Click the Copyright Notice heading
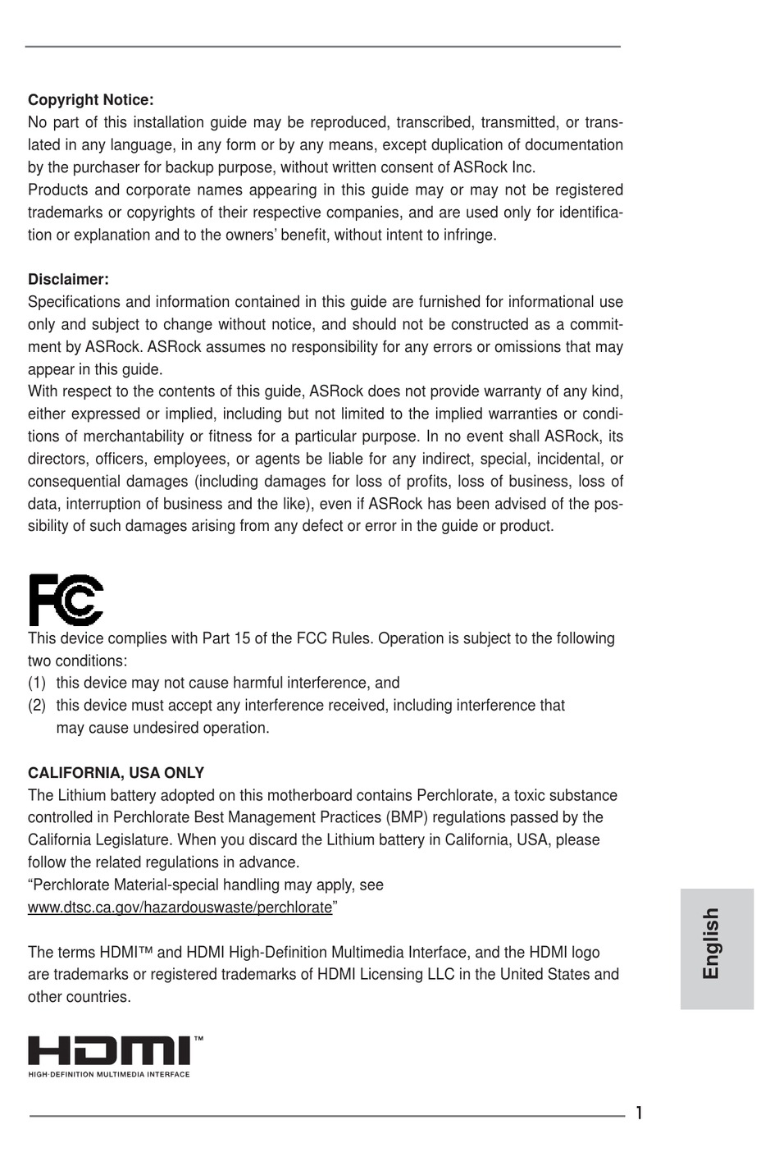(x=90, y=100)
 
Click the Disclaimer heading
(x=68, y=280)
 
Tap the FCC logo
(x=66, y=601)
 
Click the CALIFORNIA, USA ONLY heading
(x=116, y=773)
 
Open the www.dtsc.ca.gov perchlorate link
(x=180, y=908)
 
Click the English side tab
(x=712, y=943)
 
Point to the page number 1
(x=639, y=1113)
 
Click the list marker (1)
(x=37, y=683)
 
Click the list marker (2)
(x=37, y=705)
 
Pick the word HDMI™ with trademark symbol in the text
(x=126, y=953)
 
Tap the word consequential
(x=69, y=482)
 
